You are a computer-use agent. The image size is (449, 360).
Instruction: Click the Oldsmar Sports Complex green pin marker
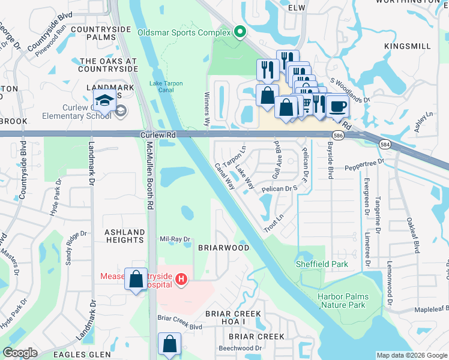point(240,32)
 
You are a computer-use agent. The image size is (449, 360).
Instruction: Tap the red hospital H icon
point(181,279)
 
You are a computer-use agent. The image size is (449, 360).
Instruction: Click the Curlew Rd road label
point(158,136)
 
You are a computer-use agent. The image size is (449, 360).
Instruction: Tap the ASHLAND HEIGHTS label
point(125,235)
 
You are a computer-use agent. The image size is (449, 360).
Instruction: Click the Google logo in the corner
point(20,353)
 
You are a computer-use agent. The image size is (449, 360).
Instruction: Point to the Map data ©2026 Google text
point(412,355)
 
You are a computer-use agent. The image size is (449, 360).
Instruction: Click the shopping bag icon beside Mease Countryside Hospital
point(135,278)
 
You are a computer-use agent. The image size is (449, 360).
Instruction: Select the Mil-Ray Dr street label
point(175,239)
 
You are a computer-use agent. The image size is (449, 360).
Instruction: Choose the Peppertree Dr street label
point(380,163)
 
